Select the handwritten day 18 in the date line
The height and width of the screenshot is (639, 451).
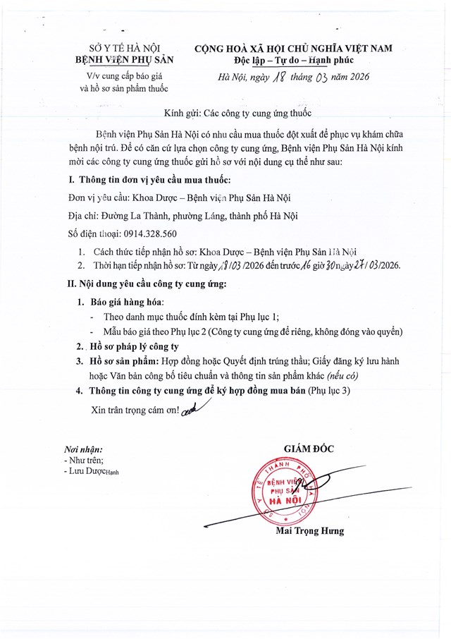tap(276, 76)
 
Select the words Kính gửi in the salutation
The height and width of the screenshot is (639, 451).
tap(183, 113)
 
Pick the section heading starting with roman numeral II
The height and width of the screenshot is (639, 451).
tap(143, 284)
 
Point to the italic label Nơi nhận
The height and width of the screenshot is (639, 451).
tap(83, 449)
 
